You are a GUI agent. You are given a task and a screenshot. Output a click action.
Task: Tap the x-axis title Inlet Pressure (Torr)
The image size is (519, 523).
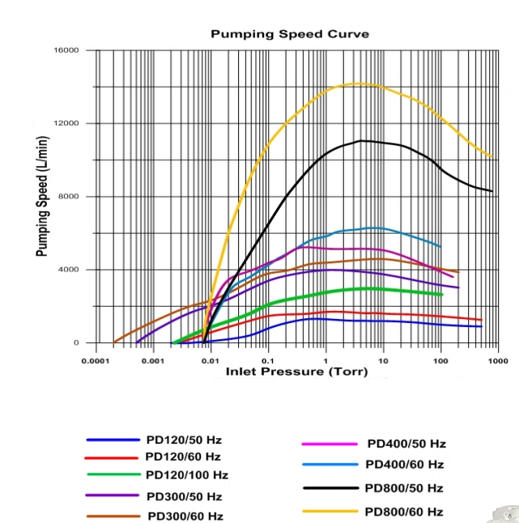[x=296, y=372]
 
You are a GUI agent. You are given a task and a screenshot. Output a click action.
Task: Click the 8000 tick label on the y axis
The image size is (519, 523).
[x=69, y=197]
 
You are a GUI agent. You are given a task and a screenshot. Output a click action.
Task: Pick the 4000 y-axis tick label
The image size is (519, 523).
[x=69, y=270]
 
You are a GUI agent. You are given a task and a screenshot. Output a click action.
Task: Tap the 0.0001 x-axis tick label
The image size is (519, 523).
[x=96, y=359]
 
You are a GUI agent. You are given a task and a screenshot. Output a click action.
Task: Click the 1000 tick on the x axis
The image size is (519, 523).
[x=497, y=359]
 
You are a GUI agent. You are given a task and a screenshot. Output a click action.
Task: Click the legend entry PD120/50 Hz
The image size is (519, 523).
[x=184, y=440]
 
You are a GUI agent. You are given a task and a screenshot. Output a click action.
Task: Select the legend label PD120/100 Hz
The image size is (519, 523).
[x=186, y=475]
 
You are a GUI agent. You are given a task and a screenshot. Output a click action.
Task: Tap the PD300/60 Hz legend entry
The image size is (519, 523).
[x=185, y=516]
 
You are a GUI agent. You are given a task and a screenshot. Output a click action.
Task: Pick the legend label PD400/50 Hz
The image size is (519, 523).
[x=406, y=444]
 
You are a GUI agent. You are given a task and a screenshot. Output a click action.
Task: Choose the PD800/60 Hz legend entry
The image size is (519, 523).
[x=404, y=512]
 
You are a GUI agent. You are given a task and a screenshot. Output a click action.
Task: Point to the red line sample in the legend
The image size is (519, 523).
[x=113, y=457]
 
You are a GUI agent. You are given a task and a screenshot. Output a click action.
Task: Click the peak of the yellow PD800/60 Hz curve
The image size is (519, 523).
[x=359, y=83]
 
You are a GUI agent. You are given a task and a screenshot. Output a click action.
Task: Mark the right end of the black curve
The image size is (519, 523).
[x=493, y=191]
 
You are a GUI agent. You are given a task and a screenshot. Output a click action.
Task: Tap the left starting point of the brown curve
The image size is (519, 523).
[x=114, y=342]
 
